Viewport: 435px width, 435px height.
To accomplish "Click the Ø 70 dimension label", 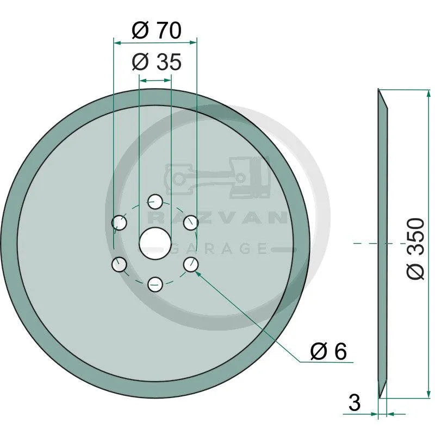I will (x=157, y=30).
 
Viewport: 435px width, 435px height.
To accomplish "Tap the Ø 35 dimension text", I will (x=157, y=63).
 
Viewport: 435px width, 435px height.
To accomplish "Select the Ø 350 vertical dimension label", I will (x=415, y=248).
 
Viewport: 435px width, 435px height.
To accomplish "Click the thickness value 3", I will (x=354, y=403).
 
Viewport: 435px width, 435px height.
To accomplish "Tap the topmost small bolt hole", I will (x=156, y=202).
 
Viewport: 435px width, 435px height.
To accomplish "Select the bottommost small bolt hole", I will (x=156, y=284).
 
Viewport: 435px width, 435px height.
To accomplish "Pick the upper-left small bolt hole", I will (x=119, y=222).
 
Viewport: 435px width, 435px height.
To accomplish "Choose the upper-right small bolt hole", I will (x=190, y=222).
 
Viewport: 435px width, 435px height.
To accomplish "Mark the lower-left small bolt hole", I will (x=119, y=264).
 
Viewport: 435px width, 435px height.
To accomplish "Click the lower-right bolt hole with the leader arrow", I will (x=190, y=264).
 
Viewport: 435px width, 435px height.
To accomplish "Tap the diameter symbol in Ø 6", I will (x=318, y=352).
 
